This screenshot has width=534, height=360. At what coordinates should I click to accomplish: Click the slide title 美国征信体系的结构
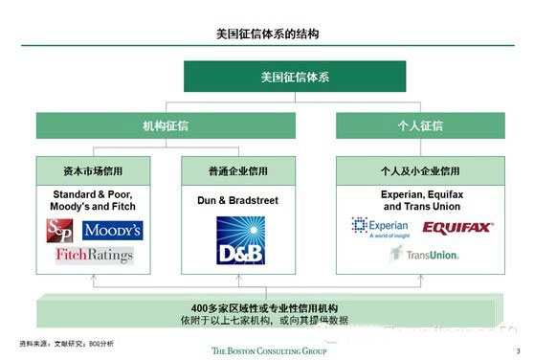267,34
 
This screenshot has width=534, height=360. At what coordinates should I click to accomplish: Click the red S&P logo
59,231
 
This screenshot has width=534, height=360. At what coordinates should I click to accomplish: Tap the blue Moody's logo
112,231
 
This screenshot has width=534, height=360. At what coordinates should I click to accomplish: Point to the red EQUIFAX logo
457,227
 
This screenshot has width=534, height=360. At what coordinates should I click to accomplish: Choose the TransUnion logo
424,254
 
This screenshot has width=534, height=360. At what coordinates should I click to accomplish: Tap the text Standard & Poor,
94,193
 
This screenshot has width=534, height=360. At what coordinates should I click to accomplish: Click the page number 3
517,350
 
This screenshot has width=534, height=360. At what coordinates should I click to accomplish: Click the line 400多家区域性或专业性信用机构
264,307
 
